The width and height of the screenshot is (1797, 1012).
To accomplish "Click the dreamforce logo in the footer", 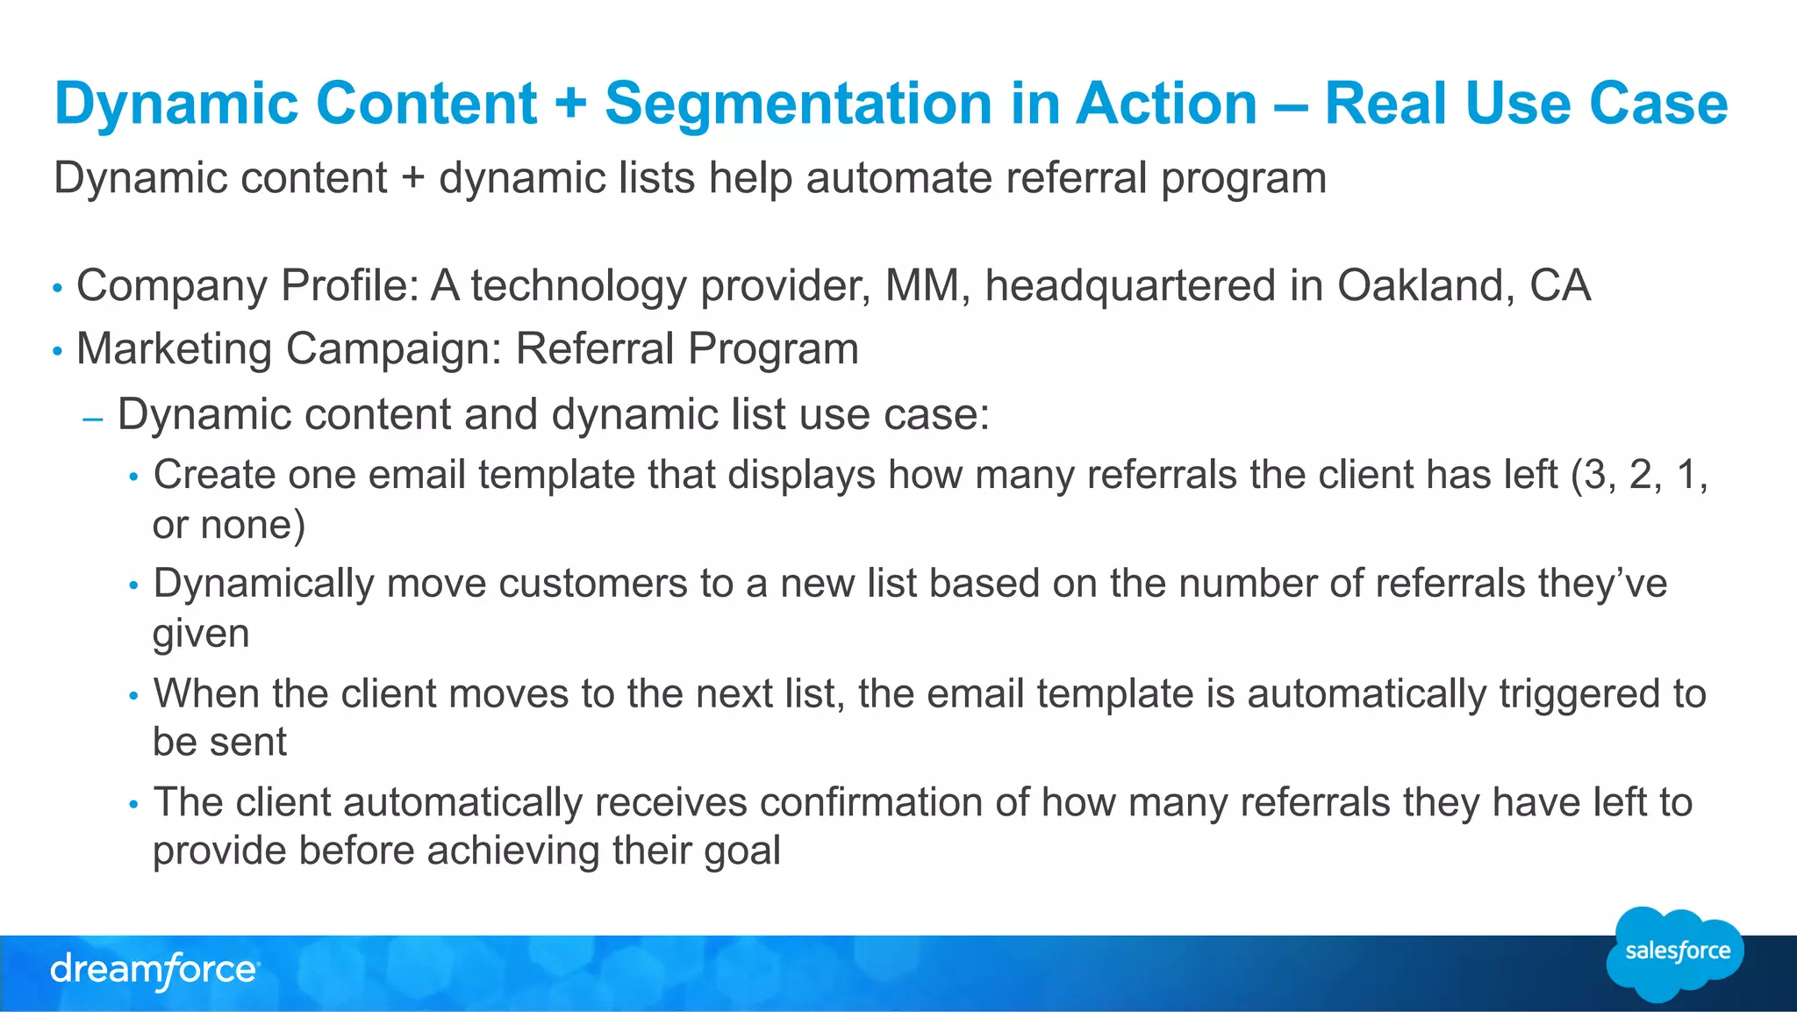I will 154,971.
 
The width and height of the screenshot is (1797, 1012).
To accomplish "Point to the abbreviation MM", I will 921,286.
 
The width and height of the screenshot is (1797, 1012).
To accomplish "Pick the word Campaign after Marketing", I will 393,349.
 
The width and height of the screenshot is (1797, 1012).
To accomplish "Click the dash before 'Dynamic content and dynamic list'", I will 92,420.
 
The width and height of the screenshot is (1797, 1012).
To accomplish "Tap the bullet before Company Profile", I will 58,288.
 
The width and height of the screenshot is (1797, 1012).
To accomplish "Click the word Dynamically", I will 263,585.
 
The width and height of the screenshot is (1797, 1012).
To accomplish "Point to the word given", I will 200,634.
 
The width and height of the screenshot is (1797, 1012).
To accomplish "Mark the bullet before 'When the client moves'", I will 133,696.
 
